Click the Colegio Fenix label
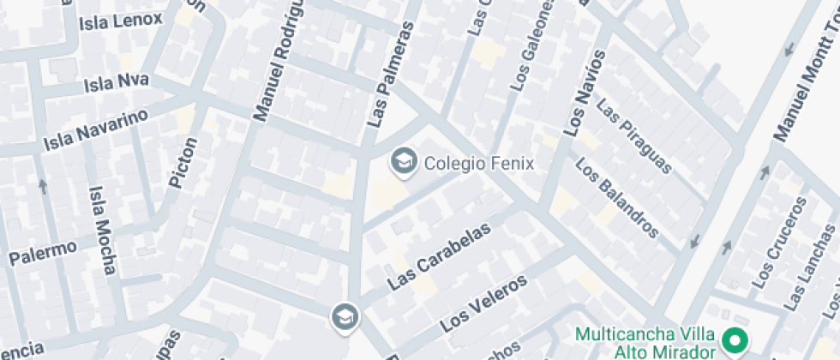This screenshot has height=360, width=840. pos(479,163)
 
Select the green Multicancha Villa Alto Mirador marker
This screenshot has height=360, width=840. pos(735,342)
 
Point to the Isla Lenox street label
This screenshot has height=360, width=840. pos(120,21)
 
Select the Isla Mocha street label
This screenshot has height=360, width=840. pos(101,231)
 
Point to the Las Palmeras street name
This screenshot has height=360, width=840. pos(390,75)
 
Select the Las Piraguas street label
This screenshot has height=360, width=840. pos(634,136)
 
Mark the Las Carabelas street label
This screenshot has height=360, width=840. pos(440,256)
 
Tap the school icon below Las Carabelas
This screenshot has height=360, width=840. pos(345,316)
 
